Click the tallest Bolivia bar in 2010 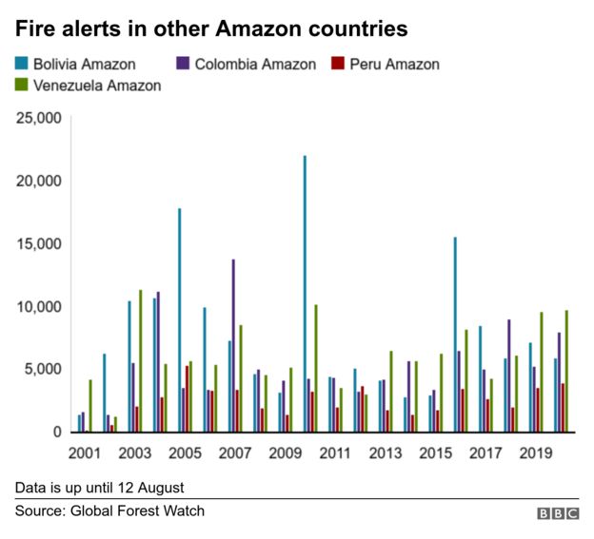(305, 294)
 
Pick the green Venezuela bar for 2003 (140, 360)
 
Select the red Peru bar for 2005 (187, 398)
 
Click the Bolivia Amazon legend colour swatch (21, 65)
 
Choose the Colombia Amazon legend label (254, 65)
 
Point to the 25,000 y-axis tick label (39, 119)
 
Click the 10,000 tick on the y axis (39, 306)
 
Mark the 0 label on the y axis (57, 433)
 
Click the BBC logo (558, 513)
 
